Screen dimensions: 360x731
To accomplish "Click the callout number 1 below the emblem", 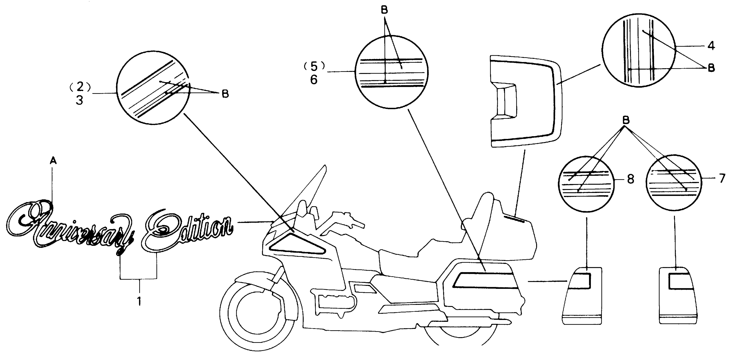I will coord(139,301).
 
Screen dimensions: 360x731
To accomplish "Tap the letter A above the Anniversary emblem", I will coord(53,161).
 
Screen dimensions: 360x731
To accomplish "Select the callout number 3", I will coord(79,100).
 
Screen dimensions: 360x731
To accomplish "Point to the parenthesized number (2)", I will coord(80,87).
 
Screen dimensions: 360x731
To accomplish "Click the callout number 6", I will coord(314,80).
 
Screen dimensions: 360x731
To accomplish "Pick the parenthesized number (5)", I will coord(314,66).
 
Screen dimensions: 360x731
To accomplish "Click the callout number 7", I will coord(722,179).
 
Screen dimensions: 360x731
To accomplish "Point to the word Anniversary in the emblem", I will coord(71,224).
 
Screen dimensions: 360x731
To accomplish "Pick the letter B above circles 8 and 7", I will coord(626,120).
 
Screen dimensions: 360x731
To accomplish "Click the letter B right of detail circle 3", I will coord(225,94).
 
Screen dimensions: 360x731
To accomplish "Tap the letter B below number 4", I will coord(711,68).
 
